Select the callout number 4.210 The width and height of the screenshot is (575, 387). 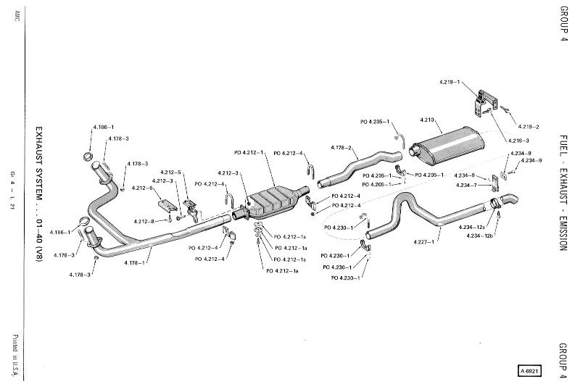pyautogui.click(x=427, y=119)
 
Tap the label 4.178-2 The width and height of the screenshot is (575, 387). pyautogui.click(x=342, y=148)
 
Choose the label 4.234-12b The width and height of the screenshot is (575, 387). pyautogui.click(x=479, y=236)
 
